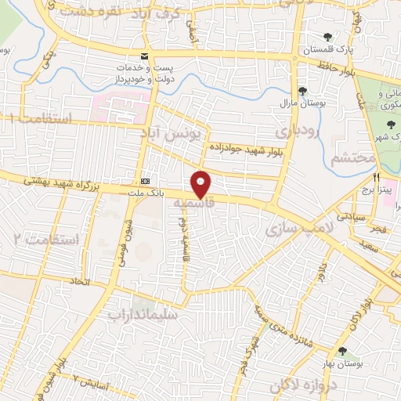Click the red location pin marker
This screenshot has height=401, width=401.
tap(202, 183)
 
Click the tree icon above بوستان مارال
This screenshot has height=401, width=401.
tap(302, 91)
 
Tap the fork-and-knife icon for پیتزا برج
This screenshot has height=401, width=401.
tap(378, 177)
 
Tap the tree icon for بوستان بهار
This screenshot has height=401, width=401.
tap(342, 352)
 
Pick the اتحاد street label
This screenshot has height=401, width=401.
tap(78, 280)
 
